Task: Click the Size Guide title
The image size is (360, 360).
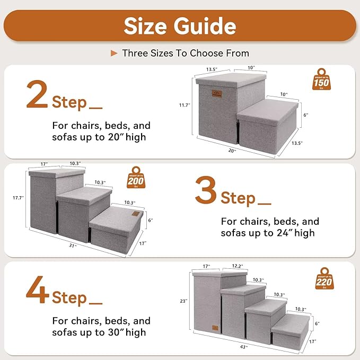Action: (x=180, y=26)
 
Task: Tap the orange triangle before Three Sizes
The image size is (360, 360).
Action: (x=113, y=53)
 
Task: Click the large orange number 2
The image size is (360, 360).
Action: (x=37, y=95)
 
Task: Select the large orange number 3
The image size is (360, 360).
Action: (x=205, y=192)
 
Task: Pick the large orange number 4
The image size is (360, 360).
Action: (x=37, y=290)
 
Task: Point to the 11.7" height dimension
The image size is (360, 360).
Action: (x=184, y=105)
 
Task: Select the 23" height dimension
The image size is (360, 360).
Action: (x=183, y=301)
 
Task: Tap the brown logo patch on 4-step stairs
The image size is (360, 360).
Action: (x=215, y=328)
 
